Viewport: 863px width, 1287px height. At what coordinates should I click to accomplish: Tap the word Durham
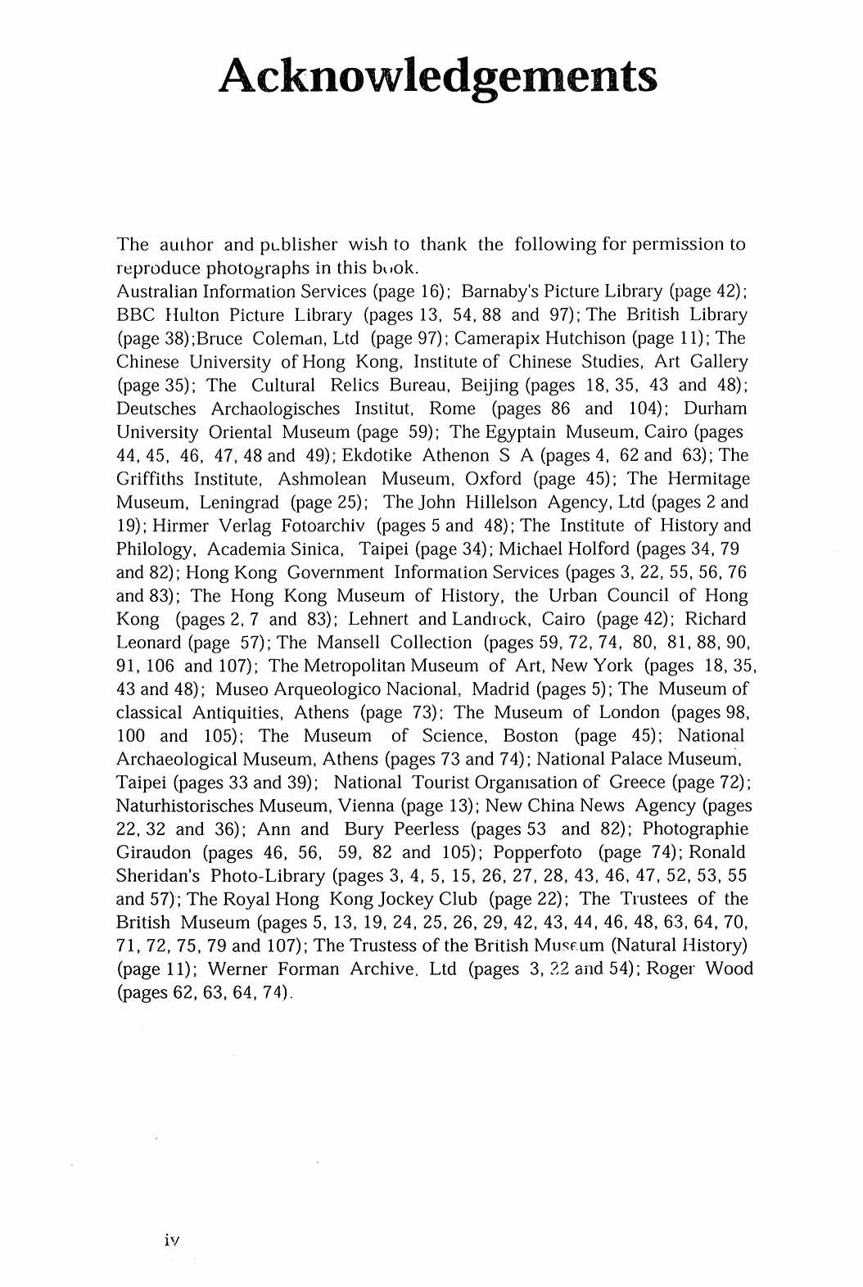click(x=715, y=409)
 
